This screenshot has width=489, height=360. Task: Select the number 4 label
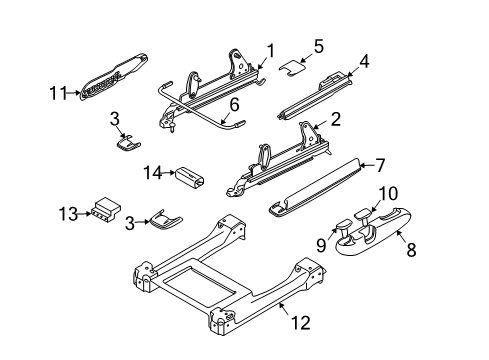365,61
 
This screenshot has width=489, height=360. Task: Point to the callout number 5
319,45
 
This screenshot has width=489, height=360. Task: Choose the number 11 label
59,94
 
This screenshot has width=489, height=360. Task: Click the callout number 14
151,174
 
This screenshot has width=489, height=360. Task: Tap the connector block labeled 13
103,211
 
